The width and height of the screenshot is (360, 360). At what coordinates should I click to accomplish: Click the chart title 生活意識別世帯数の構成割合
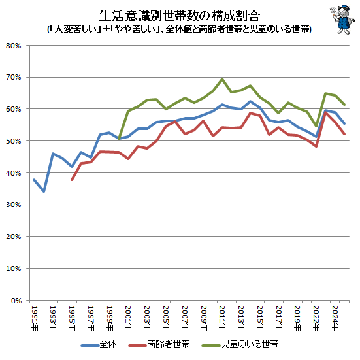(179, 16)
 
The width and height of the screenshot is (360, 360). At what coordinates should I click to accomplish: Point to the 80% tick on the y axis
(14, 46)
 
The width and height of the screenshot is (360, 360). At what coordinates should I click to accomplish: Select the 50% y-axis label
(14, 141)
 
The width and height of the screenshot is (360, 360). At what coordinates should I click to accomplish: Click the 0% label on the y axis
(16, 301)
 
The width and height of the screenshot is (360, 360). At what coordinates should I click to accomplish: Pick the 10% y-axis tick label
(14, 269)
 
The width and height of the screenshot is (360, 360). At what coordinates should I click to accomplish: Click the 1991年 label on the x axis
(35, 318)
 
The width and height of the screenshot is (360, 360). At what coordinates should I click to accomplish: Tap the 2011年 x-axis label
(222, 318)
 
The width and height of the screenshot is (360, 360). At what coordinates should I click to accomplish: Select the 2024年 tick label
(335, 318)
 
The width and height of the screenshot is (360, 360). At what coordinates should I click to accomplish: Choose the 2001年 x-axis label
(128, 318)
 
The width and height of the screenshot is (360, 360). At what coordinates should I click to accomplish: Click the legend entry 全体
(99, 344)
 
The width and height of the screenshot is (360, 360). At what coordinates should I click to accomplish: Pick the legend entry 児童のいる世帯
(240, 344)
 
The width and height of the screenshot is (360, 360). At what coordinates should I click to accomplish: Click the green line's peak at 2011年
(222, 79)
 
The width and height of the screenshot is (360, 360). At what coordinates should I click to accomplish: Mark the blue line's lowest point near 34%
(43, 191)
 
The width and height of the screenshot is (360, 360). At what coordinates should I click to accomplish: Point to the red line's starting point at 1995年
(72, 180)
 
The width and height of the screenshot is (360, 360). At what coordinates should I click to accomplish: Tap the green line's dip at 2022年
(316, 126)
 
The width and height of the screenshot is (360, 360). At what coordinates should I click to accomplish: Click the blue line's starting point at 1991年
(34, 180)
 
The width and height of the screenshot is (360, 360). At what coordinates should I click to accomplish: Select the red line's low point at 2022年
(316, 146)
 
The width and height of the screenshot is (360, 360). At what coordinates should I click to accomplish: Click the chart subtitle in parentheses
(179, 29)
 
